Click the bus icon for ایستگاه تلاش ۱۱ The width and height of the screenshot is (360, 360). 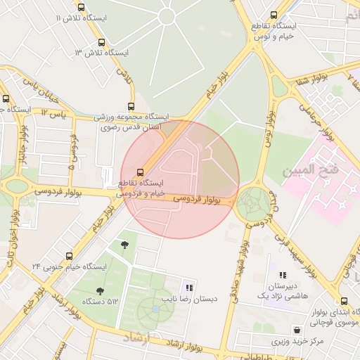(x=81, y=7)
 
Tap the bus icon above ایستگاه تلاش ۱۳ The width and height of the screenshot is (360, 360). (x=103, y=42)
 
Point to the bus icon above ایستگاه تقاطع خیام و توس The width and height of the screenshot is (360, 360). (x=273, y=15)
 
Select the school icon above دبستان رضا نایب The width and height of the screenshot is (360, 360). (x=188, y=287)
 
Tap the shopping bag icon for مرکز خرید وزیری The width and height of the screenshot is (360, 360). (x=298, y=329)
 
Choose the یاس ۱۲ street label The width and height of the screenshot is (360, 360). (x=53, y=112)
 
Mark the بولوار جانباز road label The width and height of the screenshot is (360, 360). (x=23, y=151)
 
